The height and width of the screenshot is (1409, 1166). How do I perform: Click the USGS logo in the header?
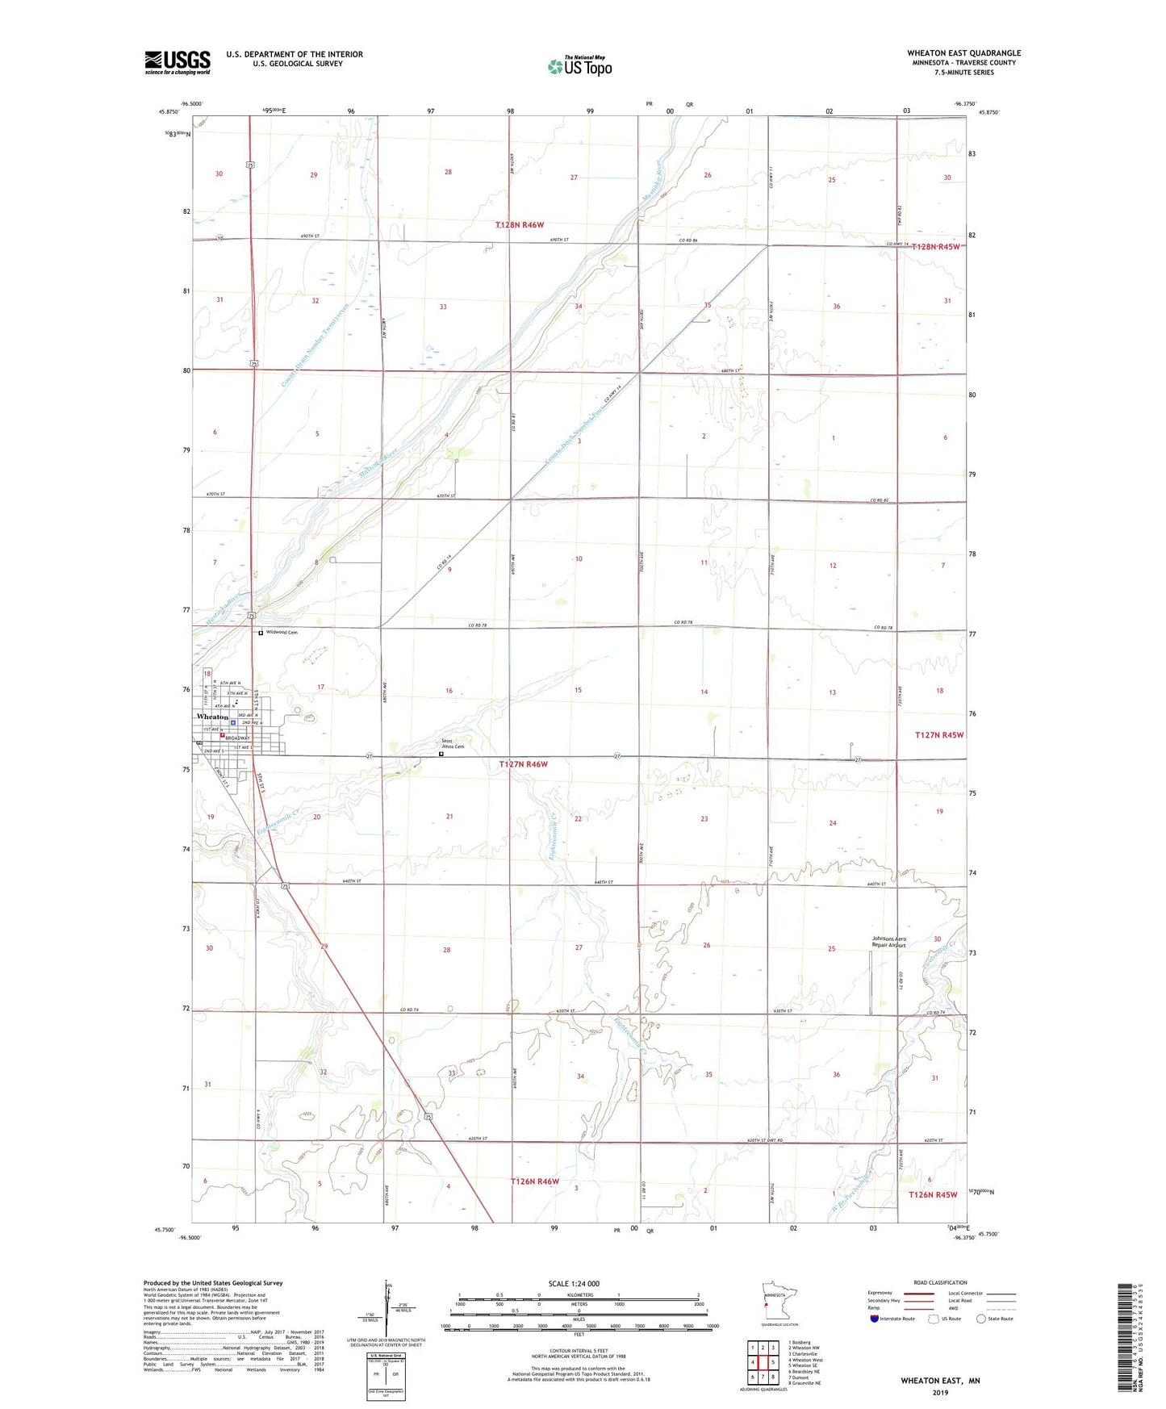(x=178, y=62)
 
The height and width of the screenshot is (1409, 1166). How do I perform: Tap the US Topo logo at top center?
(x=579, y=65)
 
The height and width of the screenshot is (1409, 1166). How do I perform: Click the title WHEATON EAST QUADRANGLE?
(x=963, y=53)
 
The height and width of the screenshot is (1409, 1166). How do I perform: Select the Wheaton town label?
(x=212, y=717)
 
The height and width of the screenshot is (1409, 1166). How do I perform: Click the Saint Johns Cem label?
(x=452, y=744)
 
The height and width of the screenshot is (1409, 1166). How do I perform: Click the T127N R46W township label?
(x=523, y=763)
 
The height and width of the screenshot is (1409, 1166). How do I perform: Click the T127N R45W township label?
(x=938, y=735)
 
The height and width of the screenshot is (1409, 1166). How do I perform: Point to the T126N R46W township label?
(x=534, y=1181)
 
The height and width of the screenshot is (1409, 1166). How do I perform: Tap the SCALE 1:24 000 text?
(x=574, y=1283)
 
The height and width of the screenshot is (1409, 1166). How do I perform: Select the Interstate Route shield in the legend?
(x=875, y=1319)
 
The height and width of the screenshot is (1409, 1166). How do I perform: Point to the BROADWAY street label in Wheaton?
(x=237, y=738)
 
